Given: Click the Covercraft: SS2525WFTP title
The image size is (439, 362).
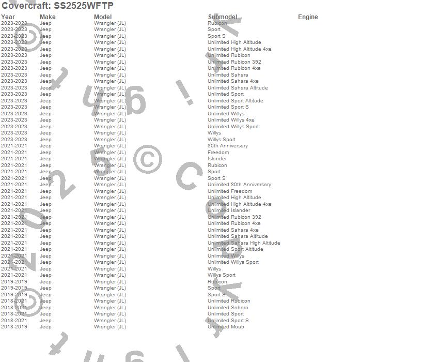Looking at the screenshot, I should [57, 6].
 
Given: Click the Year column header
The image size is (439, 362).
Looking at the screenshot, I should [8, 17].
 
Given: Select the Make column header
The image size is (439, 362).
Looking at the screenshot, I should [48, 17].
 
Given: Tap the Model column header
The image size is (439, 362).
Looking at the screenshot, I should [103, 17].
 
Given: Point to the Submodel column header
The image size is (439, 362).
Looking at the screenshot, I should [223, 17].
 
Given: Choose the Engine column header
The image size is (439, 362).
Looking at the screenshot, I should [308, 17].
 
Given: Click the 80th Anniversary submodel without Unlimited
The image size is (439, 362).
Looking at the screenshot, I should [228, 146].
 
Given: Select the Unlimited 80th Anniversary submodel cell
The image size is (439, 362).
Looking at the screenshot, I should [239, 185].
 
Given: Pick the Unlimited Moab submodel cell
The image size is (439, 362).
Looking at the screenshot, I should [226, 327].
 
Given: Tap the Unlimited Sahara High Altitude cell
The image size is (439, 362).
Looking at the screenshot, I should [244, 243].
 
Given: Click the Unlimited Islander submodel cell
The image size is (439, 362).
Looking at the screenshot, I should [229, 210].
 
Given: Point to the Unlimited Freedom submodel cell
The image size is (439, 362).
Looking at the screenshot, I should [230, 191].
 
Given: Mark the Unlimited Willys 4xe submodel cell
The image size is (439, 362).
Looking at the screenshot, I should [231, 120].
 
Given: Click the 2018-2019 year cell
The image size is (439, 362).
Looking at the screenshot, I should [14, 327].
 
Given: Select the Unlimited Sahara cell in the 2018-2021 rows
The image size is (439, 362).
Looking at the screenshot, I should [228, 308].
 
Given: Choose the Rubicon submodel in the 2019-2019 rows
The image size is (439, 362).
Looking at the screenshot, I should [217, 282].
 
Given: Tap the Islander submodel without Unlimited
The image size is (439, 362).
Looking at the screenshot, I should [217, 159].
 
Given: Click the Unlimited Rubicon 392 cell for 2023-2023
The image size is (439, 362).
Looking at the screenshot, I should [234, 62].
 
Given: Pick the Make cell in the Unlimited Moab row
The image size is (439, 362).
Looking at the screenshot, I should [45, 327].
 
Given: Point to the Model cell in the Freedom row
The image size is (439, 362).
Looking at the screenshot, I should [110, 153].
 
